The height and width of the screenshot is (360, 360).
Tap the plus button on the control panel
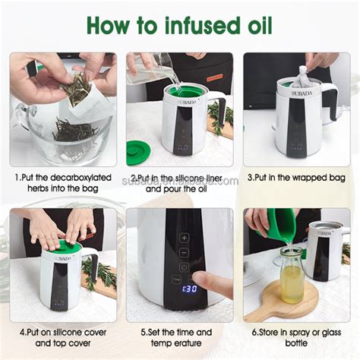tap(184, 237)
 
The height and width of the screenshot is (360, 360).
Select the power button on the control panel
tap(184, 267)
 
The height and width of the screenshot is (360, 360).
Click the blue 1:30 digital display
tap(169, 289)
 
